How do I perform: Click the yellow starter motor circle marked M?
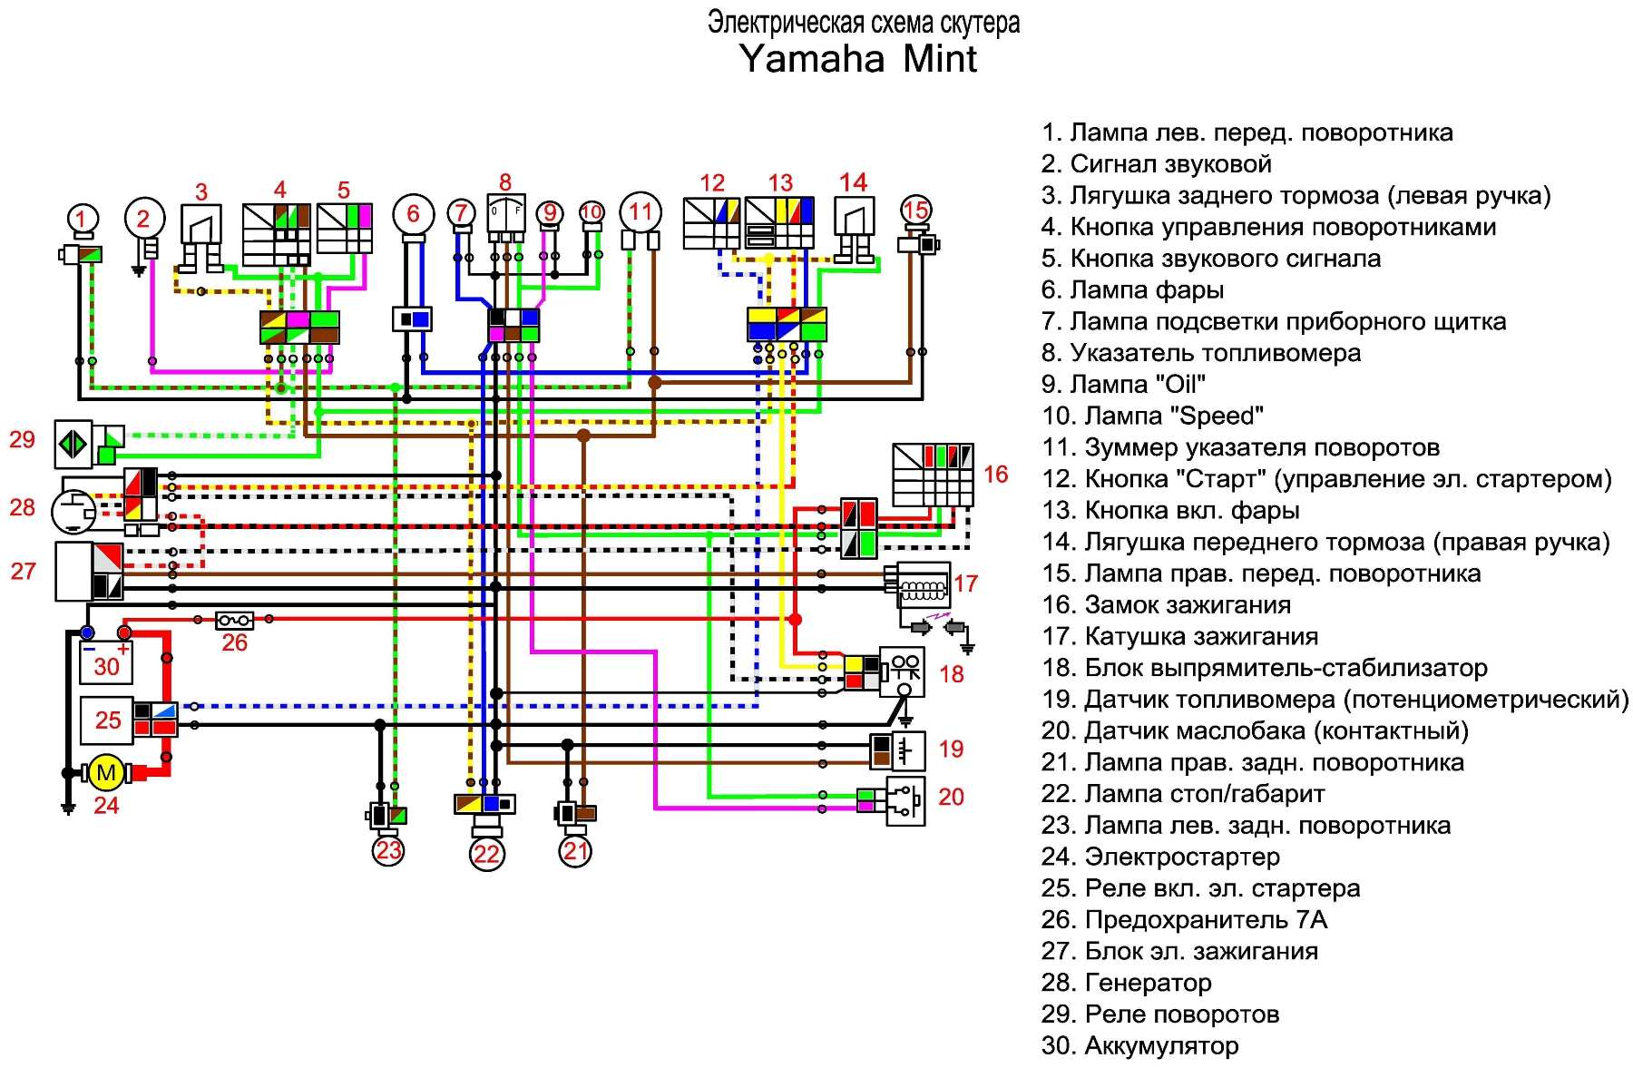(x=106, y=773)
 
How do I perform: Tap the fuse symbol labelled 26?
(x=234, y=621)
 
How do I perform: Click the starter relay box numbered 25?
(x=107, y=720)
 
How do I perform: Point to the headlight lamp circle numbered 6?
(x=414, y=214)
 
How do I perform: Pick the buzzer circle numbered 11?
(x=640, y=212)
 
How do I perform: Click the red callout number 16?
(x=995, y=475)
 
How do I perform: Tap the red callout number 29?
(x=22, y=440)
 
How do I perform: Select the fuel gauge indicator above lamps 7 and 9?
(x=505, y=214)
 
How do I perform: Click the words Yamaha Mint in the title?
(x=858, y=59)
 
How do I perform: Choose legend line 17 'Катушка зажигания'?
(x=1179, y=636)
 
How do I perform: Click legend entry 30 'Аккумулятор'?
(x=1139, y=1045)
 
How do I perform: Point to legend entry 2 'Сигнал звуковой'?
(x=1157, y=164)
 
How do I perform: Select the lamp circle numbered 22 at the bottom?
(x=487, y=854)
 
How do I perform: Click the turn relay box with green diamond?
(x=73, y=444)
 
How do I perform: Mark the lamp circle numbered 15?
(x=916, y=211)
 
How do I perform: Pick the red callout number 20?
(x=951, y=797)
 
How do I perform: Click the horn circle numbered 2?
(x=143, y=219)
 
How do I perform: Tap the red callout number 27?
(x=23, y=572)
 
